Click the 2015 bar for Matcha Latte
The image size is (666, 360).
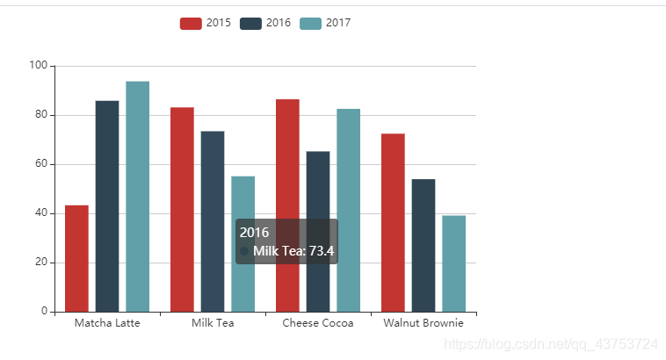click(76, 258)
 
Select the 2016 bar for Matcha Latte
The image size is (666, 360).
click(107, 206)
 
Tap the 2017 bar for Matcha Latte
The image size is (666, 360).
click(137, 197)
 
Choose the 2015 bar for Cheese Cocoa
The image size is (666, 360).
click(287, 205)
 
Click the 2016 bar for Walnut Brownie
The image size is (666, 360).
click(423, 245)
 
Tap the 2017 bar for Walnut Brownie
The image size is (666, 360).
click(453, 263)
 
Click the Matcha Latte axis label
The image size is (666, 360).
click(107, 323)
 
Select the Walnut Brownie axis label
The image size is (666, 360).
click(423, 323)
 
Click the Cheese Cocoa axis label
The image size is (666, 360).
click(318, 323)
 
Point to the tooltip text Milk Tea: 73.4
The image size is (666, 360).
click(293, 251)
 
